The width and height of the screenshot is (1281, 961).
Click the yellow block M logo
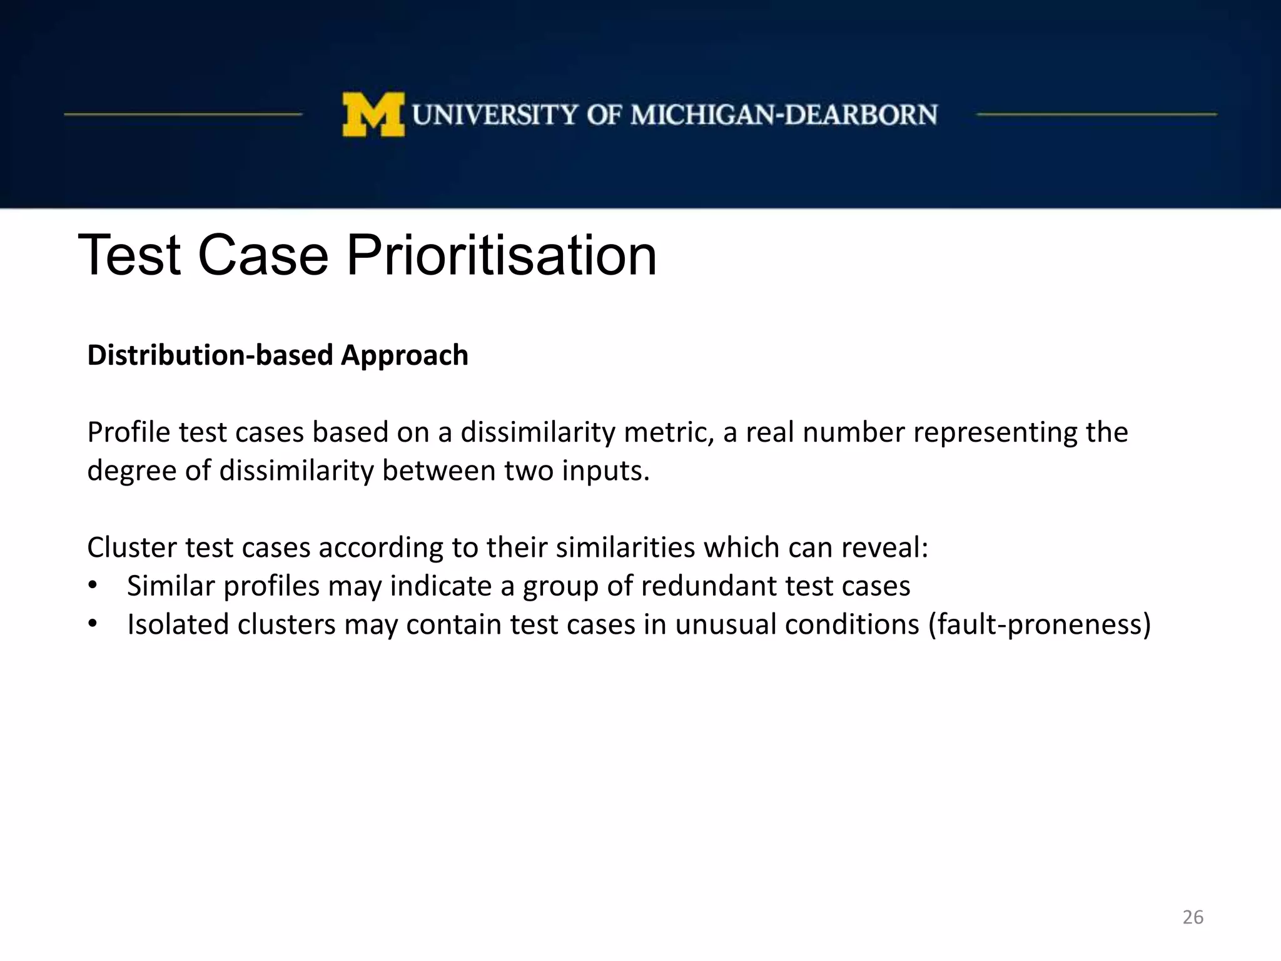373,114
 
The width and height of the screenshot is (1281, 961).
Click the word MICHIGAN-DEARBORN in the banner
784,115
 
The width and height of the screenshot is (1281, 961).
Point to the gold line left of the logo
183,114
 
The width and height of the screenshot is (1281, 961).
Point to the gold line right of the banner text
1096,114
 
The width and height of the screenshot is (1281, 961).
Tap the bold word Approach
405,355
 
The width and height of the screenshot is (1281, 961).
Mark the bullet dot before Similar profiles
93,586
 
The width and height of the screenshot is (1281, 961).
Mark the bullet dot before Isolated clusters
93,624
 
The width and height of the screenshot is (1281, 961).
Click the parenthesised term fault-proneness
1039,624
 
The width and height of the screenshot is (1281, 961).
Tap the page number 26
1193,917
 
